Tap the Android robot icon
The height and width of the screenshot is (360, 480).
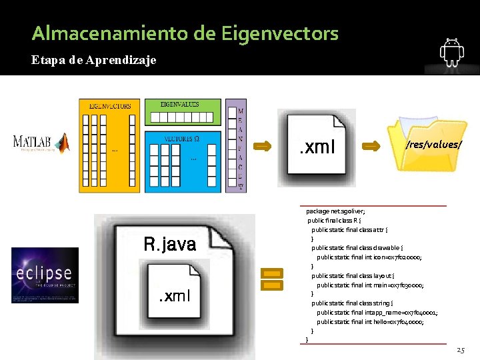pos(452,53)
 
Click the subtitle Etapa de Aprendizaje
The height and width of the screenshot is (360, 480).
pos(94,61)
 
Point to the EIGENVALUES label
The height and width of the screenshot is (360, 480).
pos(180,105)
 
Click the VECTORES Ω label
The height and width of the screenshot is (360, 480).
pos(181,139)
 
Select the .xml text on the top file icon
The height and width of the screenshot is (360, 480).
pos(317,147)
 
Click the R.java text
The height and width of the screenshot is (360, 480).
pos(169,245)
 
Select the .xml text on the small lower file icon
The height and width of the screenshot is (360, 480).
pos(174,295)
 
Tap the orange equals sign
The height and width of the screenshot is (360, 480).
pos(271,279)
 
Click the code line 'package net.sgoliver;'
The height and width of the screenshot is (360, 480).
pos(336,211)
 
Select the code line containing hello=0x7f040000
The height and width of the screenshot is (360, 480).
pos(370,322)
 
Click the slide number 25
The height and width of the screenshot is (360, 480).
pos(461,350)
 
